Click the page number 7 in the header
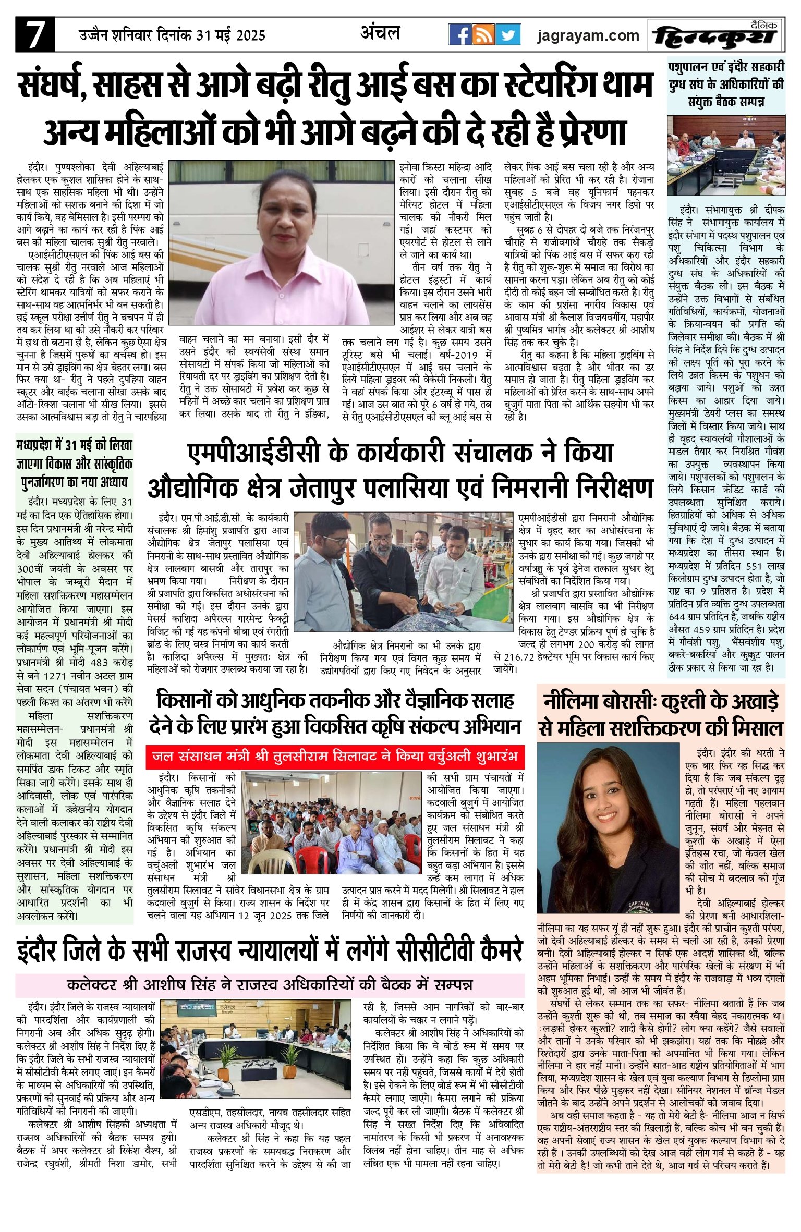(x=34, y=35)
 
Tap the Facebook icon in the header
(x=460, y=35)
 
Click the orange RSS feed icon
(x=484, y=35)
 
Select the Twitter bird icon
(x=508, y=35)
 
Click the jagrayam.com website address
(x=588, y=35)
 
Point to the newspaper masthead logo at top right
(x=717, y=35)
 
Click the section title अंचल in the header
(x=380, y=33)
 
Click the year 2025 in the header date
(x=251, y=35)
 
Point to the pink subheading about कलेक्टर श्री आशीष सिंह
(x=270, y=985)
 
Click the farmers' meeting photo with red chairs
(x=334, y=822)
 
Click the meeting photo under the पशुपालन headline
(x=726, y=155)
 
